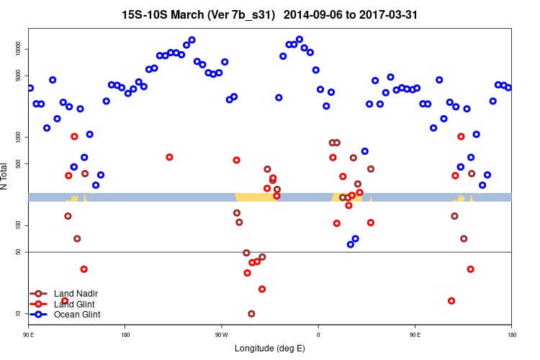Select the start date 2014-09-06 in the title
[x=316, y=14]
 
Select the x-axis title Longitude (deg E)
[x=270, y=348]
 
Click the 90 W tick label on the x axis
[x=221, y=334]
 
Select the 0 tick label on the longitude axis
[x=318, y=334]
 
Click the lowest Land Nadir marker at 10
[x=251, y=314]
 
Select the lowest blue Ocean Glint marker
[x=351, y=244]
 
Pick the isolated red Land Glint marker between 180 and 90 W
[x=170, y=157]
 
